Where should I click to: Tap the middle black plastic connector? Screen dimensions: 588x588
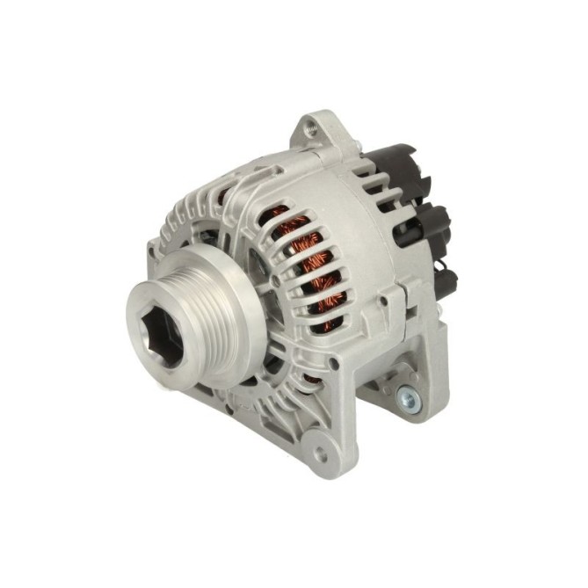[429, 221]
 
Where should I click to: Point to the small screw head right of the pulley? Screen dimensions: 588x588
[275, 281]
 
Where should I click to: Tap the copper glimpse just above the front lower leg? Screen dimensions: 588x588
[309, 381]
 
